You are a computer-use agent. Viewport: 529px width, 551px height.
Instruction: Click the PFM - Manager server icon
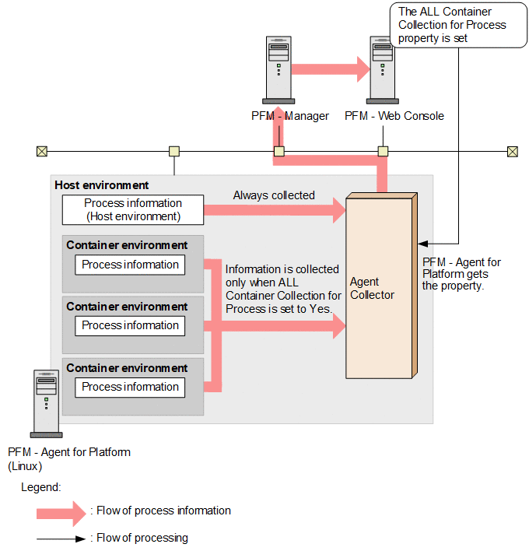pos(278,69)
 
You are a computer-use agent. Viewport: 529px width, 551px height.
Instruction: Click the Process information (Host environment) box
pos(132,209)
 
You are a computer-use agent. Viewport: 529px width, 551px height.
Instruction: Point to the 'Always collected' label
pos(274,195)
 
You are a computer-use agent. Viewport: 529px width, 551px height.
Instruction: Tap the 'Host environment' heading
pos(102,185)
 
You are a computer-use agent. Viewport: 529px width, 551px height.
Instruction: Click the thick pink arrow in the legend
pos(61,511)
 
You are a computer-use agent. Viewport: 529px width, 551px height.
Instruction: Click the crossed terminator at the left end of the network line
pos(42,151)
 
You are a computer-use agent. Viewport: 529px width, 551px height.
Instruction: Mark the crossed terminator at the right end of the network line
pos(512,151)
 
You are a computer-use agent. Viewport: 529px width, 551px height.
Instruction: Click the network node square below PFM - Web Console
pos(383,151)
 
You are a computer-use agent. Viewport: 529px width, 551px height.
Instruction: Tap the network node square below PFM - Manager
pos(279,151)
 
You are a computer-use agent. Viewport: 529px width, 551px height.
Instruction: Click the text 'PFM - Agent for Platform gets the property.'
pos(461,274)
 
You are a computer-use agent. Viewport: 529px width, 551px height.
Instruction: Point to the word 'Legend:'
pos(40,486)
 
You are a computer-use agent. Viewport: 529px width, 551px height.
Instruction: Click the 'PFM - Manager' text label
pos(289,116)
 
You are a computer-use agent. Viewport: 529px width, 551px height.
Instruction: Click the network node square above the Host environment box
pos(174,151)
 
